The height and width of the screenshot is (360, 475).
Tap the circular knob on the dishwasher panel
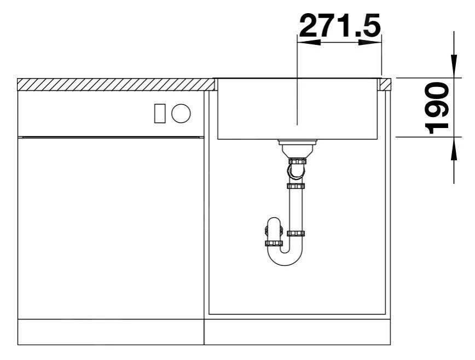(x=181, y=113)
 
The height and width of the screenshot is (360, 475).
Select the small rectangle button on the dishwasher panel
(x=160, y=113)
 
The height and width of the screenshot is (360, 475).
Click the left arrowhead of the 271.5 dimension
(x=306, y=43)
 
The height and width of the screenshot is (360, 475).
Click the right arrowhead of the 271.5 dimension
(x=372, y=43)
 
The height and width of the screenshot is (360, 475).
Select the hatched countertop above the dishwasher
(x=115, y=84)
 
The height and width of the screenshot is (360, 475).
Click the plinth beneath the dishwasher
(x=109, y=332)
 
